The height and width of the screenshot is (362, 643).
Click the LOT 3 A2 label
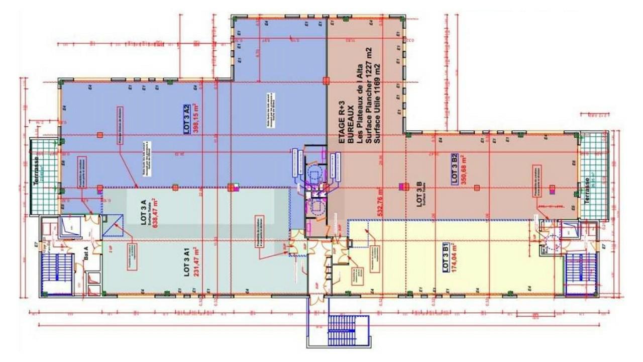click(x=185, y=118)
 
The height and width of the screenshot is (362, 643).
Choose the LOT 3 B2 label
click(x=454, y=169)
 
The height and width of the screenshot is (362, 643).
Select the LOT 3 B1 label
click(x=446, y=257)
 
